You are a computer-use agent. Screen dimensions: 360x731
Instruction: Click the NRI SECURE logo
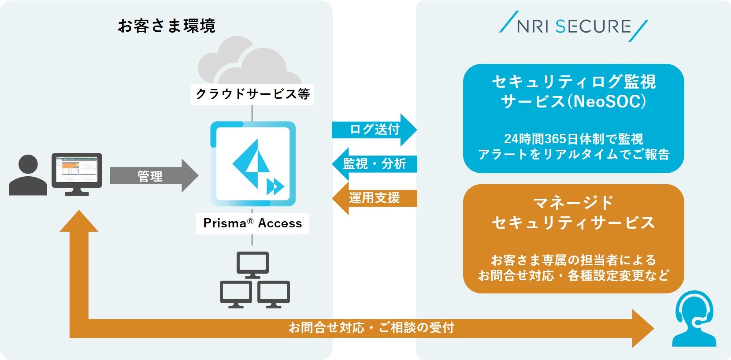573,26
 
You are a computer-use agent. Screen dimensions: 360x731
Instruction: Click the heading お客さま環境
167,26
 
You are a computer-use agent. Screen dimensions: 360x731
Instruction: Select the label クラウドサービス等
252,94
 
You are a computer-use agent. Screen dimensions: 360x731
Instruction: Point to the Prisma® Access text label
252,223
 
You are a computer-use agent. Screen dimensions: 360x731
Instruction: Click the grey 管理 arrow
152,176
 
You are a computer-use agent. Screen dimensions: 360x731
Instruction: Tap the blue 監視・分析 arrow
375,164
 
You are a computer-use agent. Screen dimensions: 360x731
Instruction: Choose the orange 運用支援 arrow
375,198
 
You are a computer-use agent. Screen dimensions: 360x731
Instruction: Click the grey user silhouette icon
28,175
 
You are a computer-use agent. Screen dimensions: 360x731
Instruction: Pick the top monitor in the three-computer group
252,264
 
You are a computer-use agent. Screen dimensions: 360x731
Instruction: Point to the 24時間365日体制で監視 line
573,139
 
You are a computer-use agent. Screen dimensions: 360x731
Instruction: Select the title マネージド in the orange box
573,203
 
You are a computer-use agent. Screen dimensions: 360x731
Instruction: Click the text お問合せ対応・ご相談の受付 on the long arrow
371,328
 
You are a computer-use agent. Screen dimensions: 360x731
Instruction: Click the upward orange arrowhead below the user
79,222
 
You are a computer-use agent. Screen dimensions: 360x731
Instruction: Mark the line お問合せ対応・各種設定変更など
573,276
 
